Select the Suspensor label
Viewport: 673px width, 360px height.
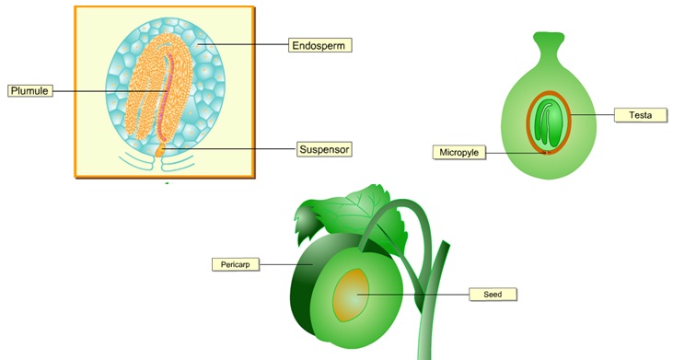(x=325, y=147)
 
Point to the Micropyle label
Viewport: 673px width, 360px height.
(x=458, y=151)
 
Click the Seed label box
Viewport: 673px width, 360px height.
(x=492, y=295)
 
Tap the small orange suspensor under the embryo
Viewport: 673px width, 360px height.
(x=159, y=146)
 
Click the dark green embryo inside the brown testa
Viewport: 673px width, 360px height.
(x=549, y=122)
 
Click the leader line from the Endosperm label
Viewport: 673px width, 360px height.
(x=249, y=44)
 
